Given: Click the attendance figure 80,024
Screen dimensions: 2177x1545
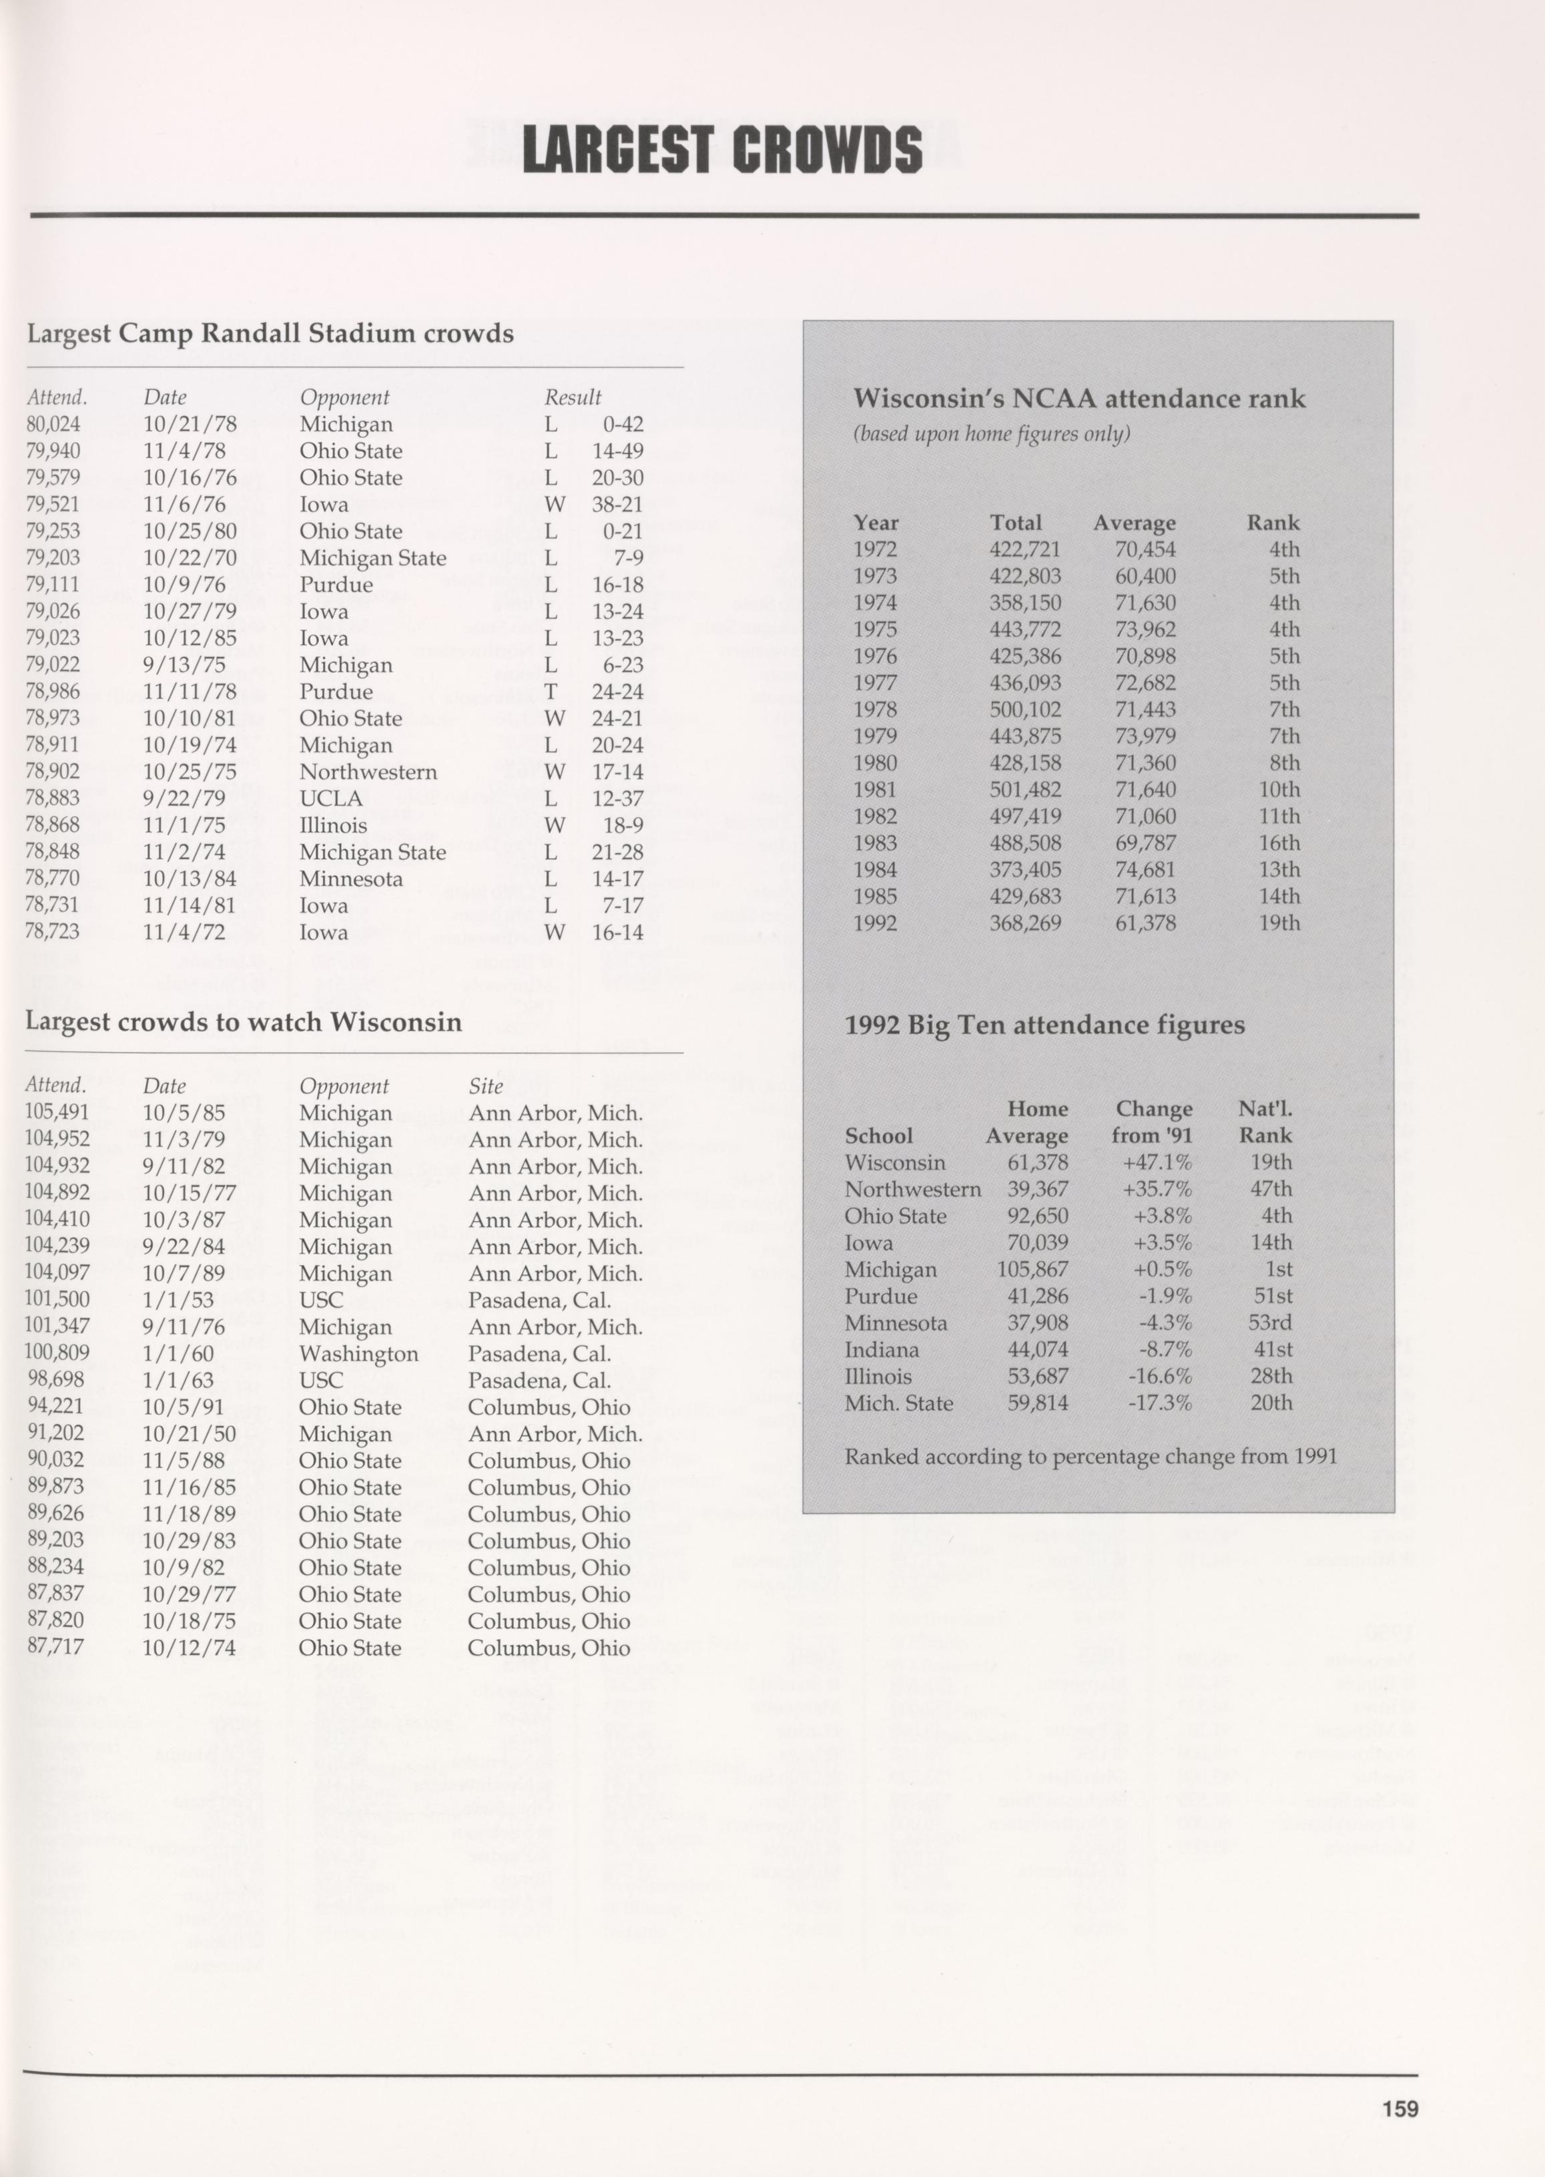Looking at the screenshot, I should click(53, 425).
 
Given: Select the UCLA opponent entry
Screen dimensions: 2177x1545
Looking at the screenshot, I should click(331, 798).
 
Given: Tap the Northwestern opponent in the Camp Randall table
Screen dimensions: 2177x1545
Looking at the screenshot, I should click(368, 772).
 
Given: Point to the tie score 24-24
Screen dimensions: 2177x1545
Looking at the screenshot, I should click(617, 692).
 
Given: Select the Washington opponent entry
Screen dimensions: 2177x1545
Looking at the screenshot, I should click(358, 1354).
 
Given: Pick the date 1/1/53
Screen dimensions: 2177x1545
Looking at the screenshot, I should click(178, 1300).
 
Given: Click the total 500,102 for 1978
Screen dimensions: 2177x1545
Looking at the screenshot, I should click(1024, 710).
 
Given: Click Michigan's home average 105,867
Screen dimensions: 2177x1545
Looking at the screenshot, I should click(1032, 1269).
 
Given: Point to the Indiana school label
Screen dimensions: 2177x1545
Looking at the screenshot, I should click(881, 1350).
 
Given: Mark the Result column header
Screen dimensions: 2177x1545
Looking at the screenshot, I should click(573, 397).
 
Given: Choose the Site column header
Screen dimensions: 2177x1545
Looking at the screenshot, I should click(486, 1085).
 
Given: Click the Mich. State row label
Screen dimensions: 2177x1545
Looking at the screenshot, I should click(898, 1403).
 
